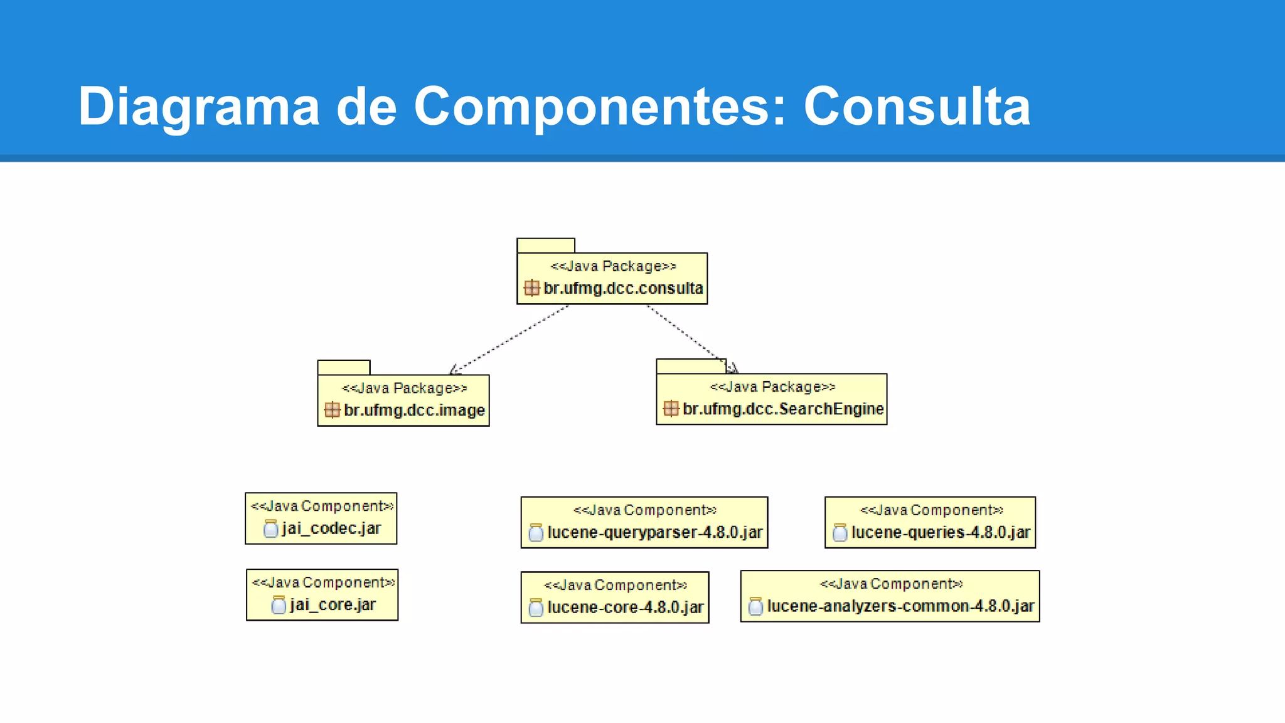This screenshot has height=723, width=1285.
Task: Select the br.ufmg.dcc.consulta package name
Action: pyautogui.click(x=622, y=288)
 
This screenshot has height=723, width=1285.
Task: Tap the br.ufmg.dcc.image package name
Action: pyautogui.click(x=414, y=410)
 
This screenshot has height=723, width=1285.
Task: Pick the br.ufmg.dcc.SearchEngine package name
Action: pyautogui.click(x=782, y=409)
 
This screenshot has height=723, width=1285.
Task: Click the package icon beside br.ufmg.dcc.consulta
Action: pyautogui.click(x=531, y=288)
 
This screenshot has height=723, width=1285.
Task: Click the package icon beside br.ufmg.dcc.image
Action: pyautogui.click(x=332, y=410)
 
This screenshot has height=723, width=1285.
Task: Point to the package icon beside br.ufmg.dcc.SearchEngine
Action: pyautogui.click(x=671, y=409)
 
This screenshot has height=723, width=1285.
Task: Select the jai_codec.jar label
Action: pyautogui.click(x=331, y=528)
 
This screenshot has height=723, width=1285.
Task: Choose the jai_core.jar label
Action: pyautogui.click(x=333, y=605)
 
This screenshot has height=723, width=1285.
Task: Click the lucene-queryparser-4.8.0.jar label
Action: pyautogui.click(x=654, y=533)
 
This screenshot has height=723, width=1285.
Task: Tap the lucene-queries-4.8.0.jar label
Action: pyautogui.click(x=940, y=533)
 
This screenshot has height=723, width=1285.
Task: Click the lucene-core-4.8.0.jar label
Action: pyautogui.click(x=625, y=608)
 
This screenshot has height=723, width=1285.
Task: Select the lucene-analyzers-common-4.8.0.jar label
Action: pyautogui.click(x=900, y=606)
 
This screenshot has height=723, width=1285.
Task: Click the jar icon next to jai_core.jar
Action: pyautogui.click(x=279, y=605)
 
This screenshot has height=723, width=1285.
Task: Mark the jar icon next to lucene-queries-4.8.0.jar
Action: pyautogui.click(x=840, y=533)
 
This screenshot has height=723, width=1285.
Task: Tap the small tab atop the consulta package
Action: pyautogui.click(x=545, y=245)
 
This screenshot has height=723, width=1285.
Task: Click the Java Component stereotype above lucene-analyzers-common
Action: pyautogui.click(x=890, y=584)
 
